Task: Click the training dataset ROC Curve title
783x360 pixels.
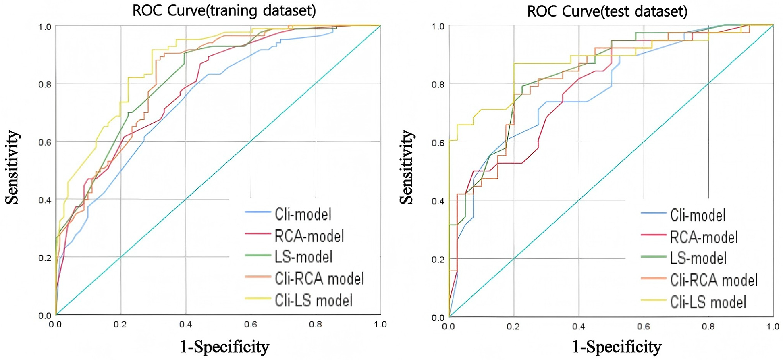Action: click(224, 11)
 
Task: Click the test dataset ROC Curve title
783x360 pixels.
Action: click(607, 11)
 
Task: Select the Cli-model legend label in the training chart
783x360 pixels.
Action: click(303, 214)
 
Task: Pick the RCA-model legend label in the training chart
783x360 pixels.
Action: click(309, 236)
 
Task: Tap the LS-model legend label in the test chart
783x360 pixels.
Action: click(698, 258)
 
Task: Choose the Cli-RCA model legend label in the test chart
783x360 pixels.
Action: click(714, 280)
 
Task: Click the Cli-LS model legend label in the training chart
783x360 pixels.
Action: click(314, 300)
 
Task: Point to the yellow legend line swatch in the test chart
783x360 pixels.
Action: click(653, 302)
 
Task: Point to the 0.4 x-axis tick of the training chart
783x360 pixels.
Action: click(185, 325)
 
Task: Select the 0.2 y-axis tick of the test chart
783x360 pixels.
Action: click(438, 260)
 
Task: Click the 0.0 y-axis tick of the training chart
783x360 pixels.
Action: click(45, 316)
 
